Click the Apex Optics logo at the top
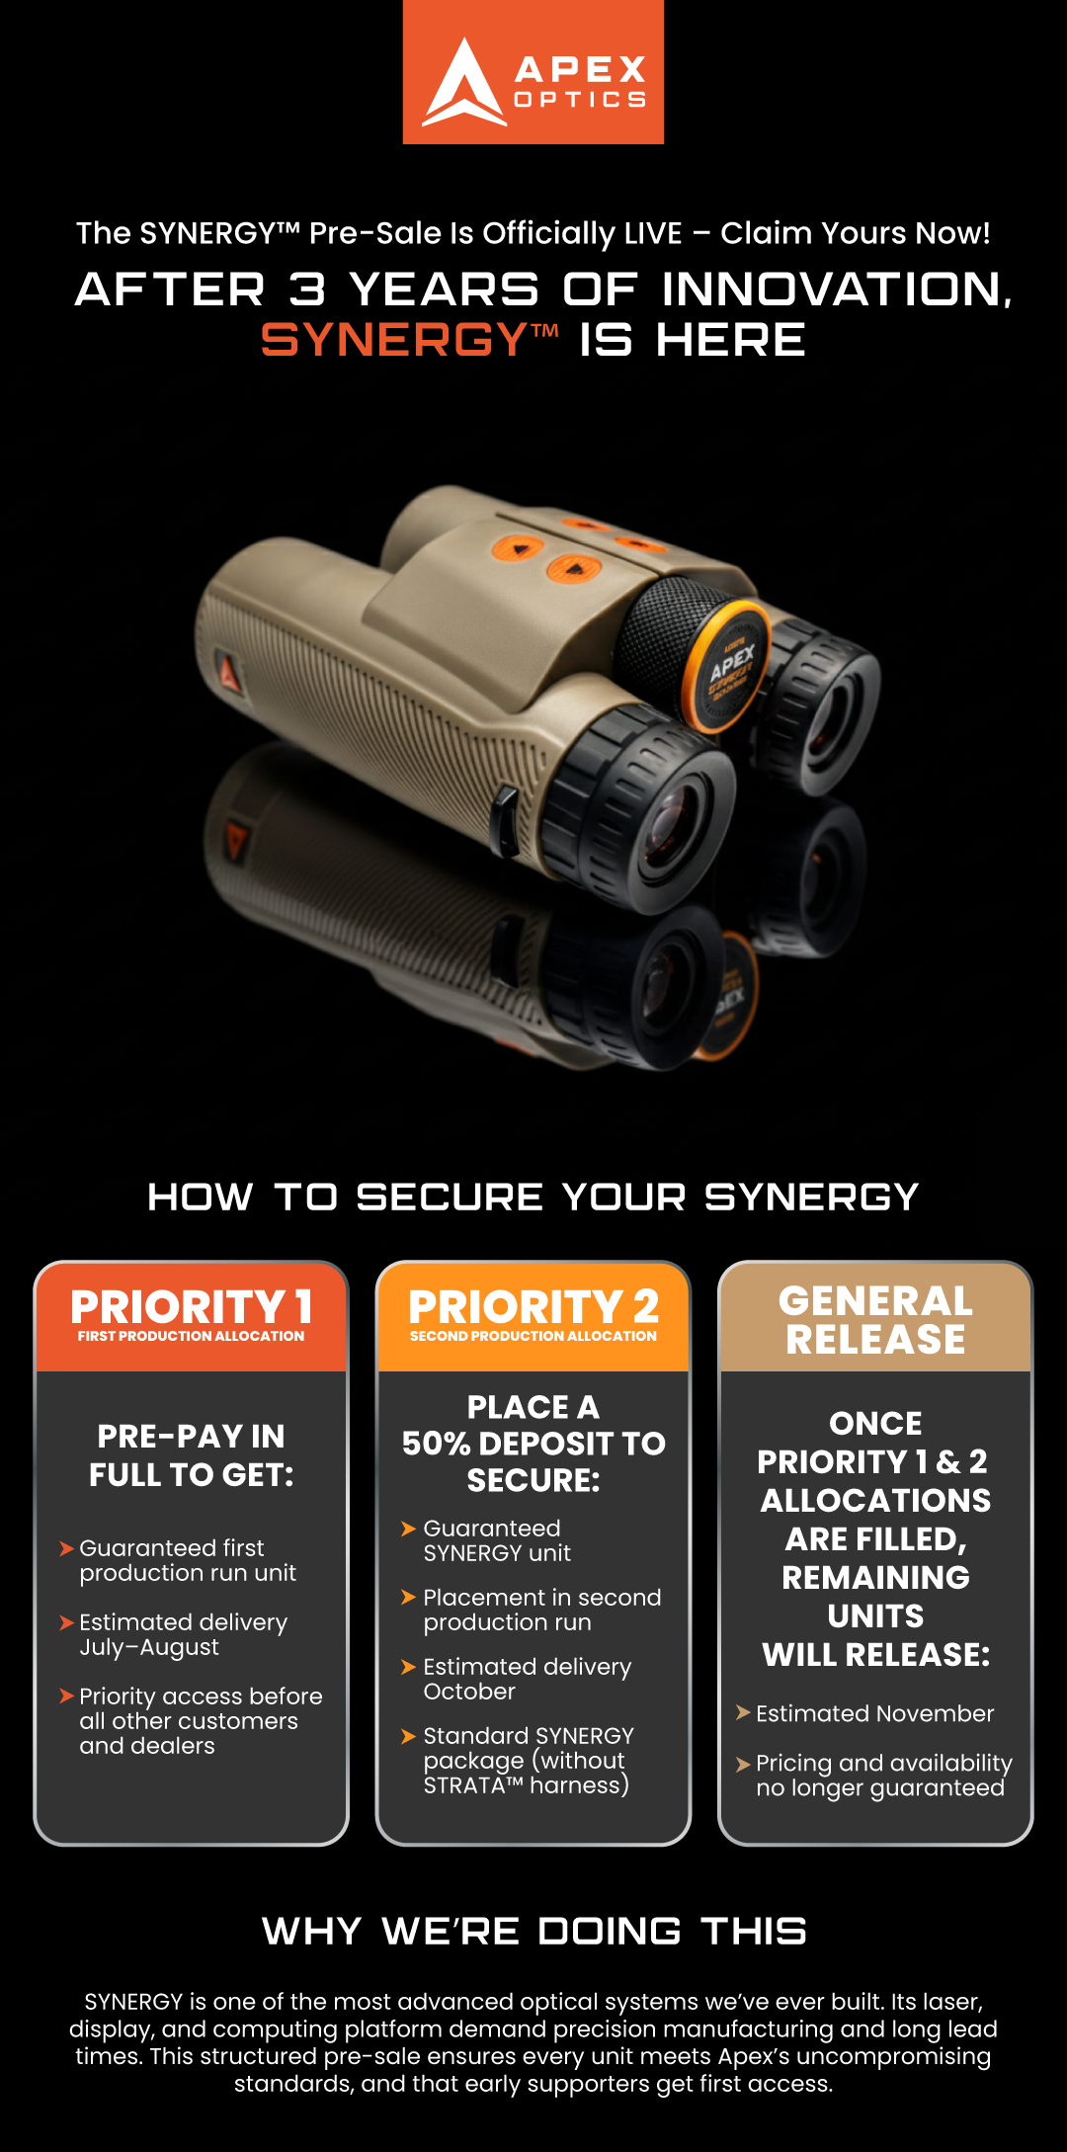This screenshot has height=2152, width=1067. point(533,72)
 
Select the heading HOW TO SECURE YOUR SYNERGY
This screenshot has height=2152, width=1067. point(533,1197)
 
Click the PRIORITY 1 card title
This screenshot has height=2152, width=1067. point(192,1307)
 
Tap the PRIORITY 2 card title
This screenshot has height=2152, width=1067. point(533,1307)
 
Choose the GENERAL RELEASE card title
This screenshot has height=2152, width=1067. point(876,1320)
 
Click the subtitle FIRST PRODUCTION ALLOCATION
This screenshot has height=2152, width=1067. point(192,1336)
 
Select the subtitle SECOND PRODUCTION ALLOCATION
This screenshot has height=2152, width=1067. point(533,1336)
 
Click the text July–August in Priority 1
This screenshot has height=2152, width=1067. point(149,1647)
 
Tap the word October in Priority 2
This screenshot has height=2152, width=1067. point(469,1692)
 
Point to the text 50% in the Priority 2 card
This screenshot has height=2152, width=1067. point(436,1444)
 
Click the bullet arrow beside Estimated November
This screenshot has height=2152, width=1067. point(743,1712)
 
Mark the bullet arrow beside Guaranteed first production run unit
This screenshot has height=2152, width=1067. point(67,1548)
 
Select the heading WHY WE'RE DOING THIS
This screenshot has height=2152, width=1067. point(534,1931)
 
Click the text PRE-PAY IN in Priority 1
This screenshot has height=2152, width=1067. point(192,1436)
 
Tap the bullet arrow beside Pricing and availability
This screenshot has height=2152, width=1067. point(743,1764)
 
